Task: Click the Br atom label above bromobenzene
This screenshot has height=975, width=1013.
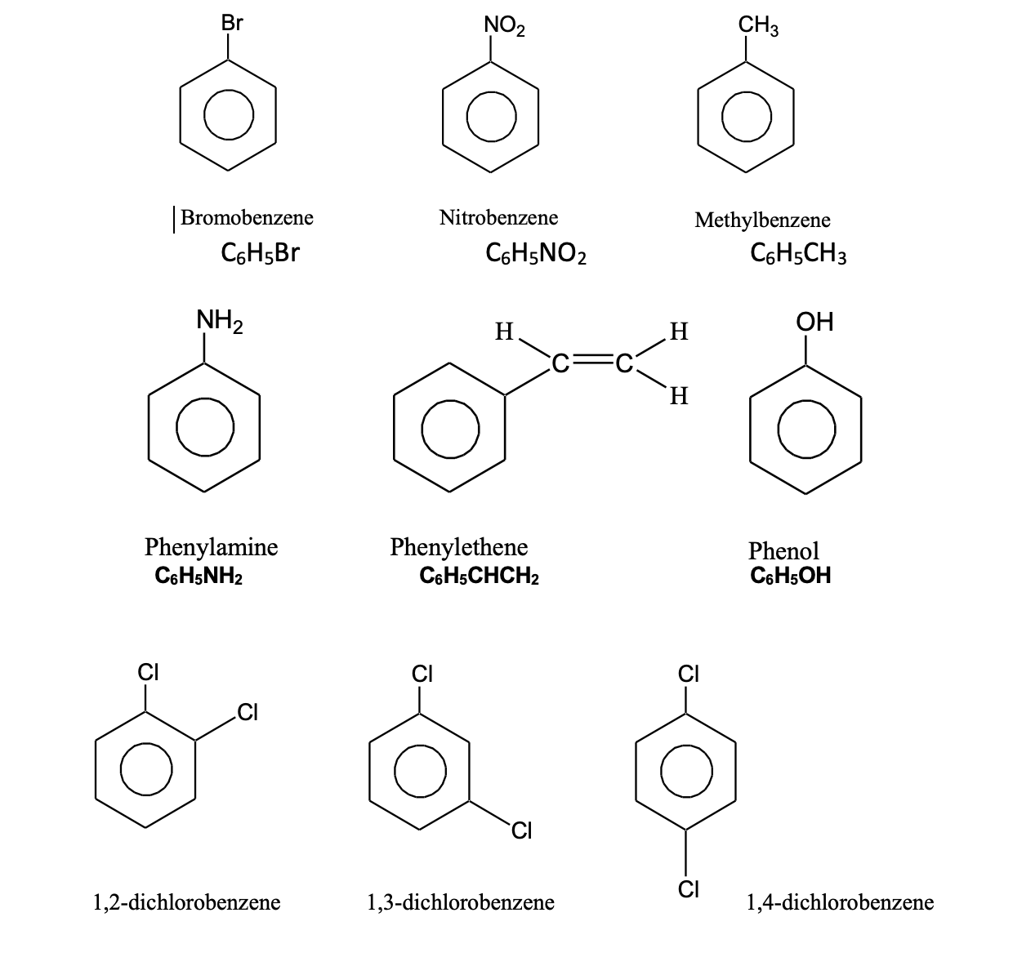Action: (x=232, y=24)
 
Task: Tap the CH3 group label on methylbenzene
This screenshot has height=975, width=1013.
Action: (x=759, y=25)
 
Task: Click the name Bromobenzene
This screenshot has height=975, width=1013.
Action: (x=247, y=217)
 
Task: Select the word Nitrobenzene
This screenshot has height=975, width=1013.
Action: (x=498, y=217)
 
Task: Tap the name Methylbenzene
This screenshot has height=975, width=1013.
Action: (x=762, y=220)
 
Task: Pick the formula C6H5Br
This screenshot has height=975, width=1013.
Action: (x=260, y=253)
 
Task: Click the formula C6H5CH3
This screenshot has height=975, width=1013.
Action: (x=798, y=255)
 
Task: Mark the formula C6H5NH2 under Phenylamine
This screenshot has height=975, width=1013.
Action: (x=198, y=577)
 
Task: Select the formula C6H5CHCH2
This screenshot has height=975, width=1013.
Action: (x=479, y=577)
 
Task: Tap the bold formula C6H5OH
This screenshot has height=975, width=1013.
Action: (x=790, y=576)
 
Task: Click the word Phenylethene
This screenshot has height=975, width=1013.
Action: (x=459, y=546)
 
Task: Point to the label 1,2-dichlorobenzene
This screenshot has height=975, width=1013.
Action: (x=187, y=902)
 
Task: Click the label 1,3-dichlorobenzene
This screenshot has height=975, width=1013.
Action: (x=461, y=902)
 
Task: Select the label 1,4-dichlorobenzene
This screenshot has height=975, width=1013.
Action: (x=840, y=902)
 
